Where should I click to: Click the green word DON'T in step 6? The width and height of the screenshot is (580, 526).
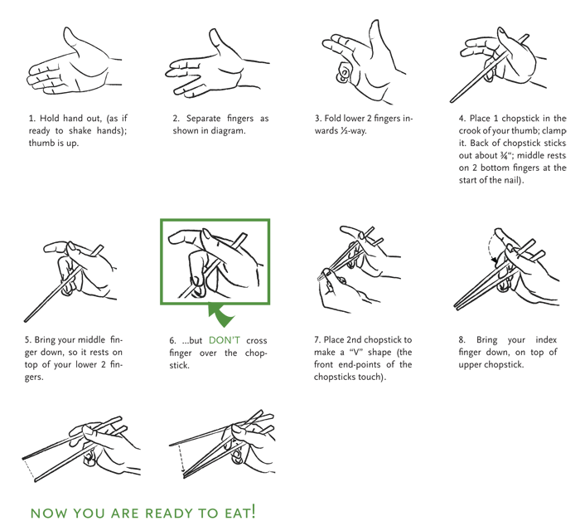coord(225,340)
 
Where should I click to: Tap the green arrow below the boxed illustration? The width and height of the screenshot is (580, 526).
coord(221,315)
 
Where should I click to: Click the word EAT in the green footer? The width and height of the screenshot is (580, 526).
coord(237,513)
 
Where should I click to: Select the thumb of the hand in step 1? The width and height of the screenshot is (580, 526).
coord(72,41)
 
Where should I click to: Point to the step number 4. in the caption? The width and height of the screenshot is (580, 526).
coord(462,119)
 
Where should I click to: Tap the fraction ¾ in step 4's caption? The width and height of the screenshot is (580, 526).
coord(502,156)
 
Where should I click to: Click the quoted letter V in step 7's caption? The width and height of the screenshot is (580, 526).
coord(356,353)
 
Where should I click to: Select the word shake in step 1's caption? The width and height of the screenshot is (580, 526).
coord(80,131)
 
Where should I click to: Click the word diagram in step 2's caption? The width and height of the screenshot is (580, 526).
coord(228,131)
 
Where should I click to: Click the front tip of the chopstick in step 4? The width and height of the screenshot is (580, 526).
coord(451,101)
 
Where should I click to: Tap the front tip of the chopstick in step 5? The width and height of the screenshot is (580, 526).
coord(25,321)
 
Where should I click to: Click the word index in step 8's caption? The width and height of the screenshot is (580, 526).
coord(546,339)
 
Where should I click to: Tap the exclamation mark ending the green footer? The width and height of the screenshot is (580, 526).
coord(253,511)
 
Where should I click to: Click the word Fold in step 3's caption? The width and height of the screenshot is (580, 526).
coord(333,119)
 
